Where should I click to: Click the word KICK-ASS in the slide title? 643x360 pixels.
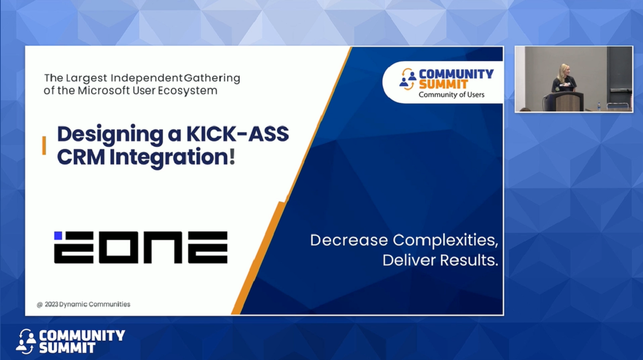238,133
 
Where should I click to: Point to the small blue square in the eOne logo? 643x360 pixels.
58,236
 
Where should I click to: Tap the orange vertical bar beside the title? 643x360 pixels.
44,145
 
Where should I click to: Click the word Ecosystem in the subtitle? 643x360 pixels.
188,91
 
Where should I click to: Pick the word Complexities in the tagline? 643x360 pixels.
445,241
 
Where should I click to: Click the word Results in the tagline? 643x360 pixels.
469,260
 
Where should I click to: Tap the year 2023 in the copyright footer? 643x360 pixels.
51,304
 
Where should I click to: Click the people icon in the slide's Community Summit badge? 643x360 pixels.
408,79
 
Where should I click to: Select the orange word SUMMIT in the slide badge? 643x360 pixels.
443,85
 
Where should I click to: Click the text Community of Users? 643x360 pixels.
451,95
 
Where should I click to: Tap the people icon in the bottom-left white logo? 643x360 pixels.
26,341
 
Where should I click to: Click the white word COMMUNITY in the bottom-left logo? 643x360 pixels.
82,335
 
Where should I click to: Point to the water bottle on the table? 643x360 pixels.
599,106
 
